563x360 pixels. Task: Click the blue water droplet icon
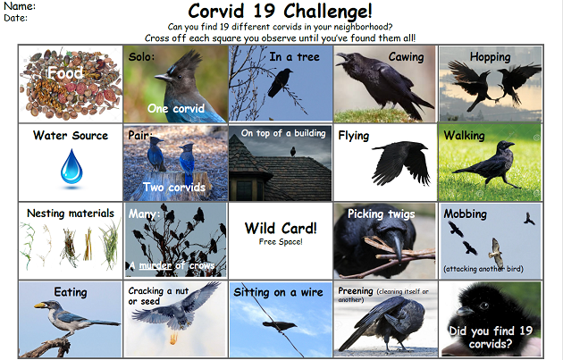coord(71,167)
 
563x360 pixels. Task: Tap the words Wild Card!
coord(281,229)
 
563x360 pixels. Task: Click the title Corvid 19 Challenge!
coord(280,11)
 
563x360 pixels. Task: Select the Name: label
coord(20,6)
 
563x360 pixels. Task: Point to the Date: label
coord(16,18)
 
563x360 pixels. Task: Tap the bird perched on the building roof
coord(293,152)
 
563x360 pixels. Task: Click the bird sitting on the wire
coord(280,326)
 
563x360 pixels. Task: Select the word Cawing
coord(406,57)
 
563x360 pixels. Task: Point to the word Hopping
coord(490,57)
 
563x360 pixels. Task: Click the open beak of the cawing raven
coord(342,57)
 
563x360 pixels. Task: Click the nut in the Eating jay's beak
coord(39,306)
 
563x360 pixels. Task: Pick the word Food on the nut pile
coord(65,73)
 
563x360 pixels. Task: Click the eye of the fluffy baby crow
coord(483,306)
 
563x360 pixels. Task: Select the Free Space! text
coord(281,242)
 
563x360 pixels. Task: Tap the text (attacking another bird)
coord(483,269)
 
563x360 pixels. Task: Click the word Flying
coord(354,136)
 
